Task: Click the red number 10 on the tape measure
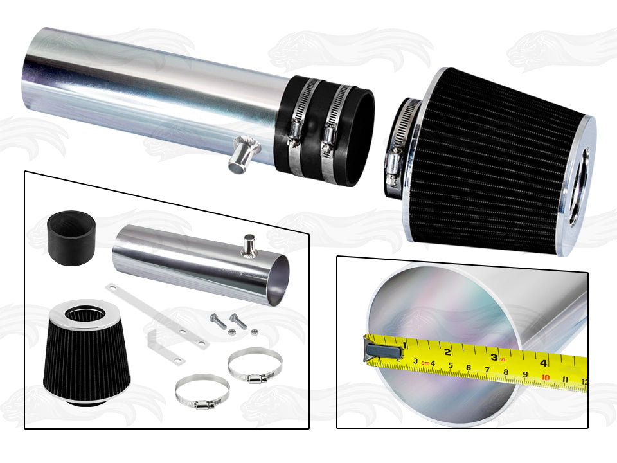[546, 377]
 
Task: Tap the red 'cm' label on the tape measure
[425, 363]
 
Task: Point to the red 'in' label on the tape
[503, 359]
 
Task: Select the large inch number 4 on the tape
[544, 363]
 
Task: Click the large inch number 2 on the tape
[447, 352]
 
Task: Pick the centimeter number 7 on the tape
[487, 370]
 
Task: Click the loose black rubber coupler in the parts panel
[71, 238]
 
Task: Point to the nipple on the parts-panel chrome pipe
[249, 245]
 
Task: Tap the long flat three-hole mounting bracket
[157, 316]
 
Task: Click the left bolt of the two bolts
[219, 321]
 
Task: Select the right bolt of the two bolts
[238, 321]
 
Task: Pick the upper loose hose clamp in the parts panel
[255, 365]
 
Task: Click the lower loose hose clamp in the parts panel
[202, 392]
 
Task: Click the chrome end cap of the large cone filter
[578, 185]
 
